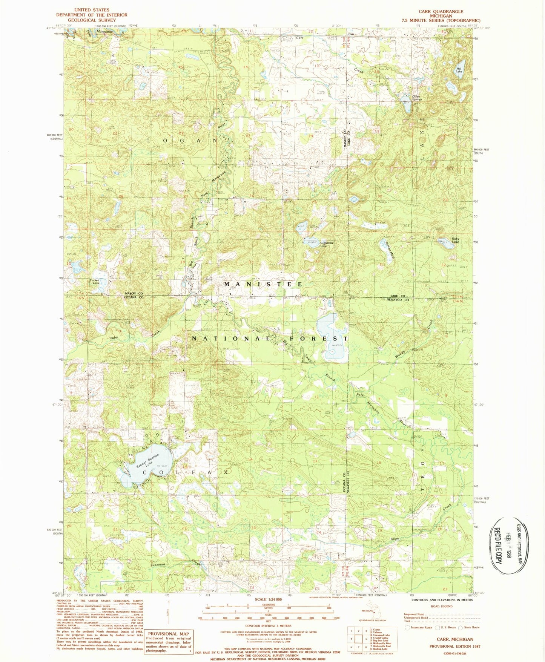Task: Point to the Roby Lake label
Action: coord(456,240)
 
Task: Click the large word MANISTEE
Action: coord(263,284)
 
